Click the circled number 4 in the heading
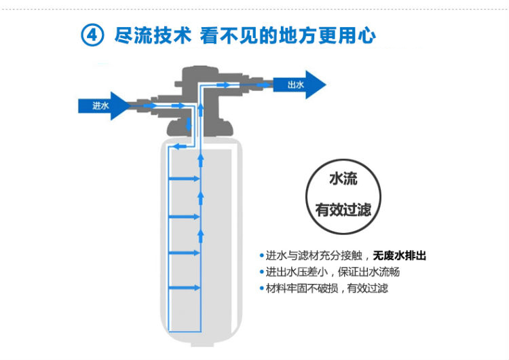point(92,36)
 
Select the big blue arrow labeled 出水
point(299,84)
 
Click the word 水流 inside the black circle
point(343,180)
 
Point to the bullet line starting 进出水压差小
point(333,272)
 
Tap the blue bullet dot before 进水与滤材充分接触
point(261,256)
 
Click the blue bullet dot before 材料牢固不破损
point(261,289)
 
